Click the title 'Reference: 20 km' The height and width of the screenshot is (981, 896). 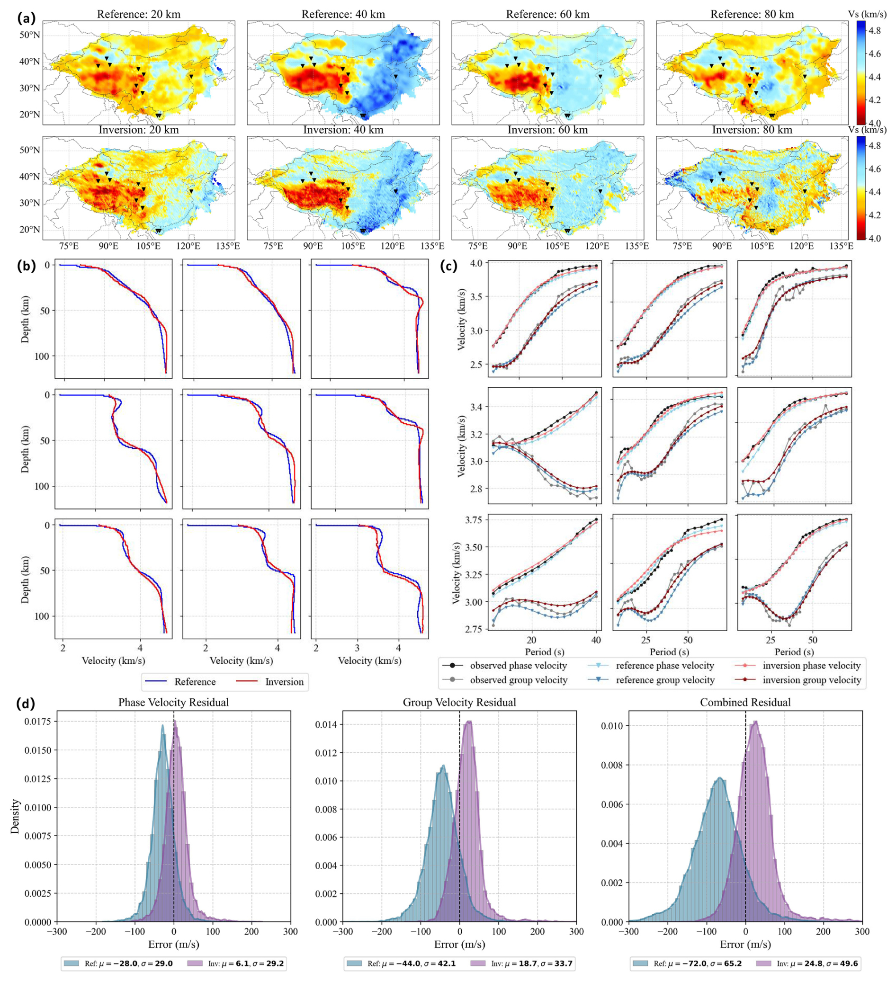point(139,15)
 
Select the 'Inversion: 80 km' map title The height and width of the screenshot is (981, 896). point(752,130)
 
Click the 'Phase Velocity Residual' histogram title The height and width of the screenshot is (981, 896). point(174,702)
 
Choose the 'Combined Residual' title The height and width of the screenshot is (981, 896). point(745,702)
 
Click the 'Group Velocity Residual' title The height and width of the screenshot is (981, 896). point(459,702)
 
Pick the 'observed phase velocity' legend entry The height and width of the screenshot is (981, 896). point(519,666)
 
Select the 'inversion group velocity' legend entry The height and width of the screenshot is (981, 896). point(812,680)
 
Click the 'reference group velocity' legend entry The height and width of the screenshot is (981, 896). point(665,680)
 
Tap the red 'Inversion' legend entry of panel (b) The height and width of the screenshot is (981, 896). point(284,682)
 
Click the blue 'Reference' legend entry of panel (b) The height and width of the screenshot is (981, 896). point(195,682)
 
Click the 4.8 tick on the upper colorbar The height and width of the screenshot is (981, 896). point(875,31)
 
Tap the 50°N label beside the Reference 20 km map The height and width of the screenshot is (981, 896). point(30,35)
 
